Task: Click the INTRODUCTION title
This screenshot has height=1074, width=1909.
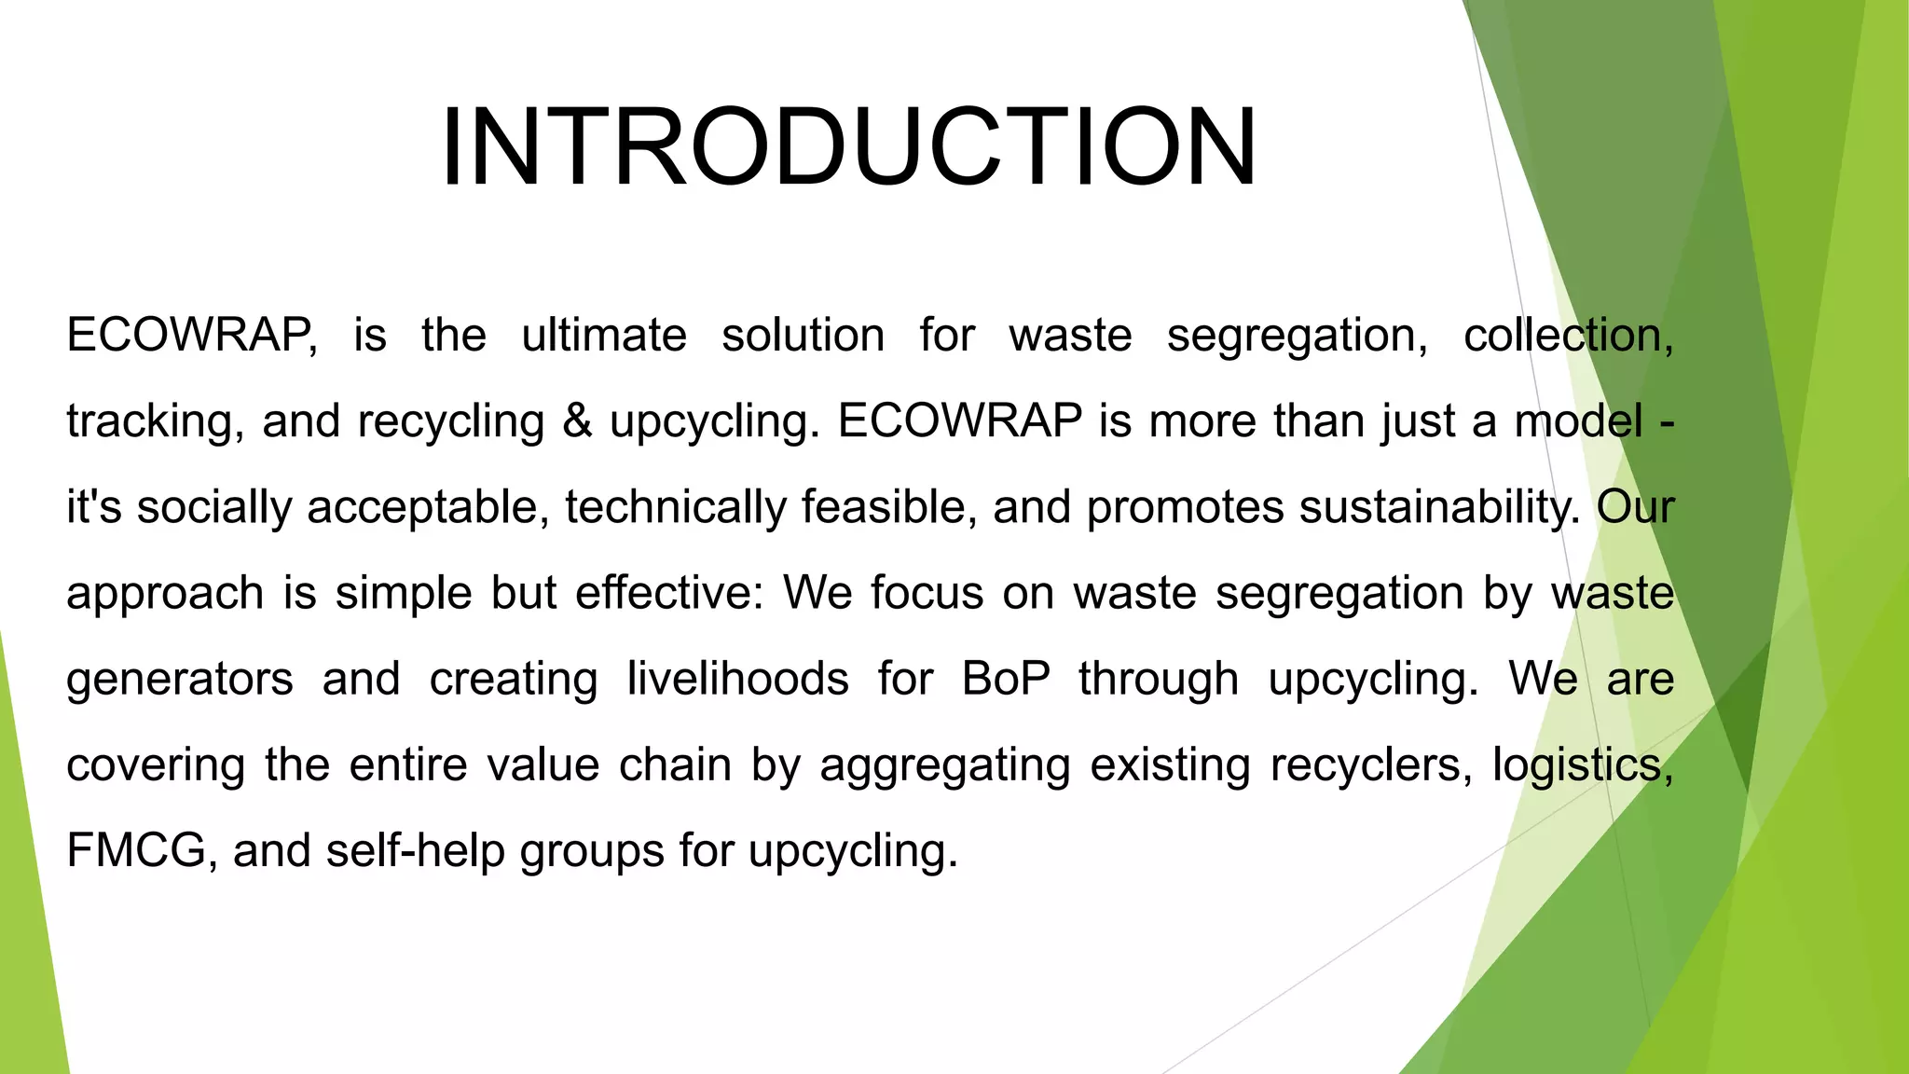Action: [x=849, y=147]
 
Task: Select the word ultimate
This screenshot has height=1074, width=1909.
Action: [x=604, y=336]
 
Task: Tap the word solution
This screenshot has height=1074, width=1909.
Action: [x=803, y=336]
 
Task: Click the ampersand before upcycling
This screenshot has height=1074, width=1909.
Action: [x=577, y=421]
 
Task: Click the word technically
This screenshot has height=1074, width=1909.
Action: [x=675, y=508]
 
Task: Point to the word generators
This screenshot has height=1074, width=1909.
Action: [x=180, y=680]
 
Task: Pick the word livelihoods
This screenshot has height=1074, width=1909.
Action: [x=737, y=679]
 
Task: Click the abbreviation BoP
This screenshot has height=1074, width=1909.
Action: [x=1006, y=679]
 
